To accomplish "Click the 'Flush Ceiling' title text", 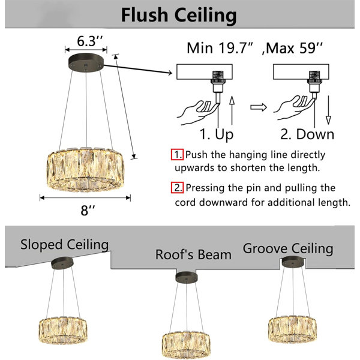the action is (179, 15).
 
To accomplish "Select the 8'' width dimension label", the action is (88, 210).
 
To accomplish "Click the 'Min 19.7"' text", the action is (220, 48).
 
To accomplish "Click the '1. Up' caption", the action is (217, 134).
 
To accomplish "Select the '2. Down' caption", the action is (307, 134).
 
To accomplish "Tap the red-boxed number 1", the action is (177, 155).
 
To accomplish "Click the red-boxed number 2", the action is (177, 188).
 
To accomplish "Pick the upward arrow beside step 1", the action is (232, 110).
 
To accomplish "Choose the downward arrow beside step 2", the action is (329, 110).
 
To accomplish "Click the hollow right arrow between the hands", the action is (259, 107).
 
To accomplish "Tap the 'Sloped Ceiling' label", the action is (65, 245).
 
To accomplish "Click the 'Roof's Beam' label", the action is (193, 254).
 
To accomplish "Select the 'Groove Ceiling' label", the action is (288, 248).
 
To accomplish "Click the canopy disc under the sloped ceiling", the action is (62, 262).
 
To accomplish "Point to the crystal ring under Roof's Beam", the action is (186, 345).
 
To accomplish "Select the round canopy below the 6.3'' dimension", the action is (86, 62).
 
